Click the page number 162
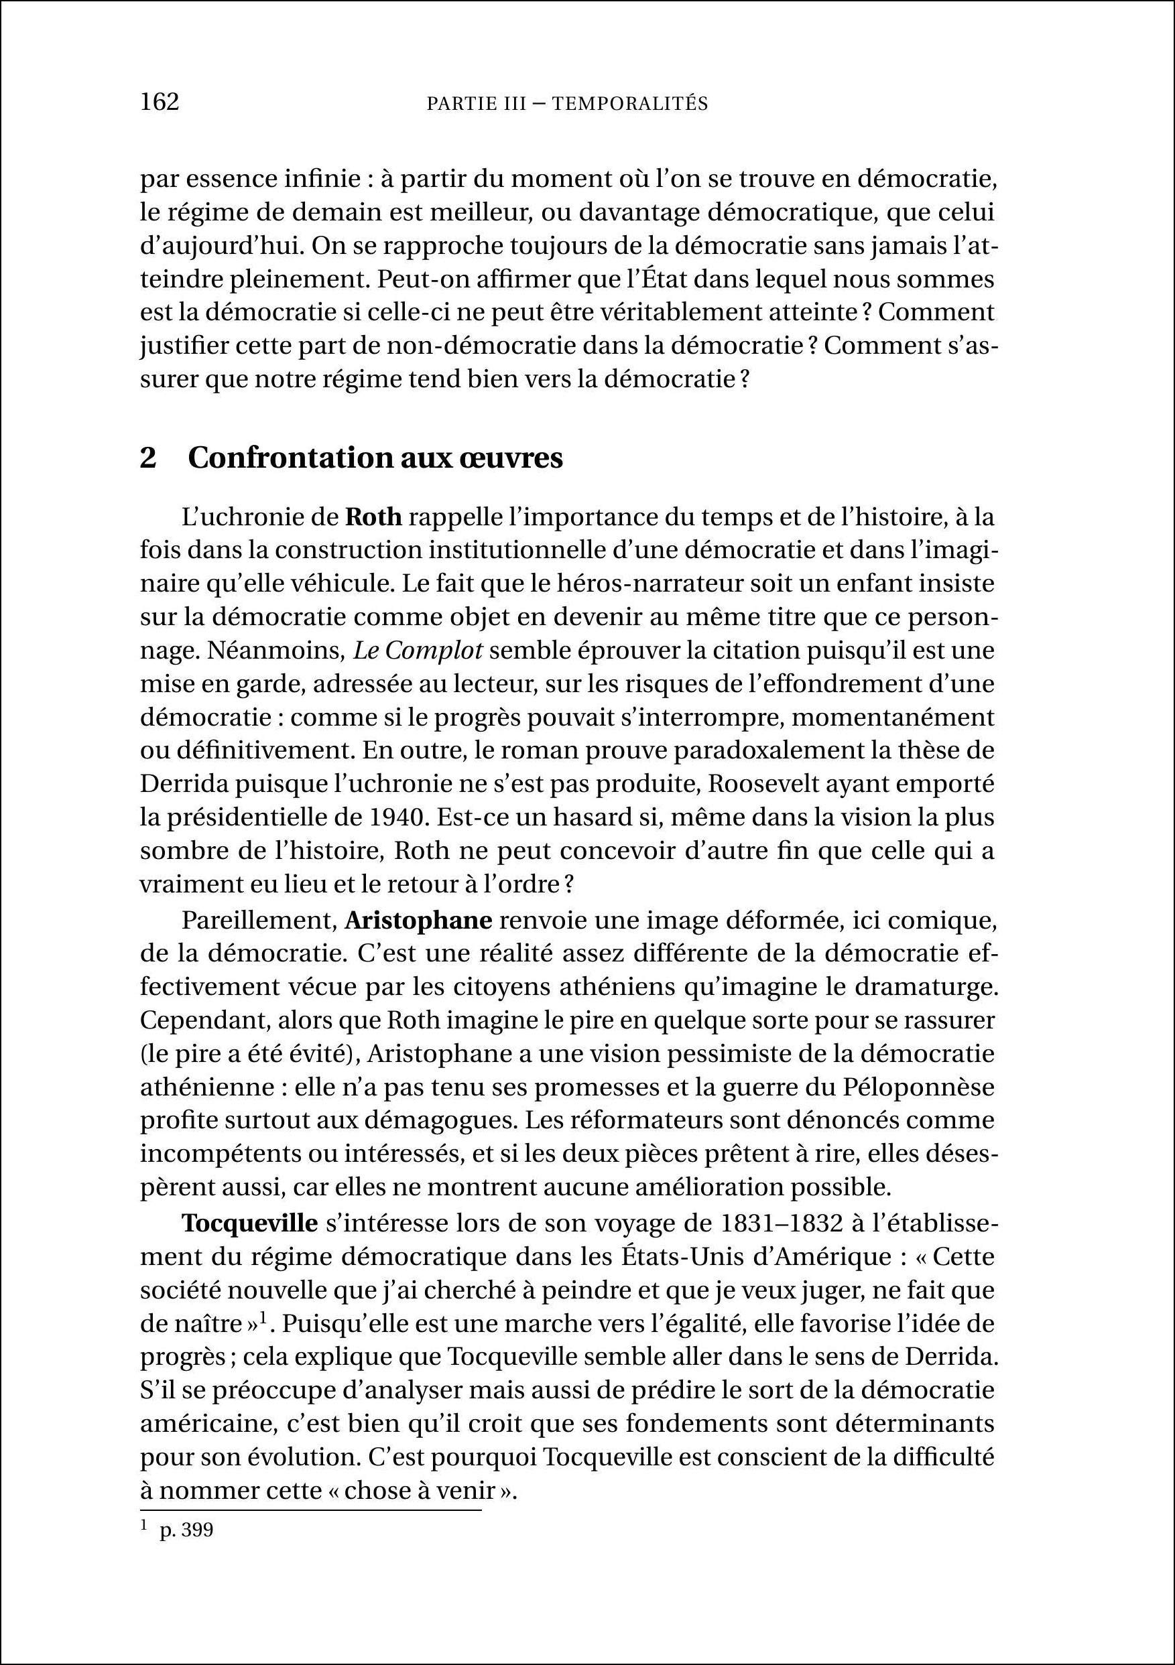[160, 103]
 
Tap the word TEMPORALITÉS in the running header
[629, 105]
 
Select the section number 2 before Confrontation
[148, 458]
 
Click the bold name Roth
[373, 518]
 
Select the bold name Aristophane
[418, 920]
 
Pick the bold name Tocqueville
[249, 1223]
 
